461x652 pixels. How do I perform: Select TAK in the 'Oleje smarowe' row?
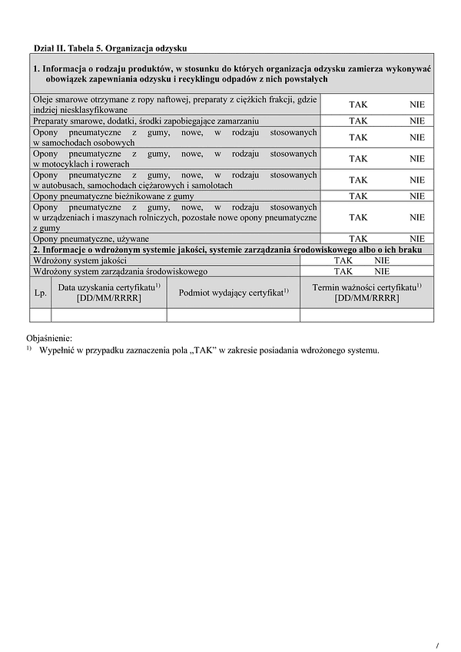[x=358, y=104]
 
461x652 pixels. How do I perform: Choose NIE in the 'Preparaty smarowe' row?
[x=417, y=121]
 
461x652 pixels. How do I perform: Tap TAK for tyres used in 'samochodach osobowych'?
[x=358, y=137]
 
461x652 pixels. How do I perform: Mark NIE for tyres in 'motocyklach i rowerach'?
[x=417, y=158]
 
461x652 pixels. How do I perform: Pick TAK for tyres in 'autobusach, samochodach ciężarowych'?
[x=358, y=180]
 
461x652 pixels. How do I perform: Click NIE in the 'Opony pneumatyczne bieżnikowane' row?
[x=417, y=196]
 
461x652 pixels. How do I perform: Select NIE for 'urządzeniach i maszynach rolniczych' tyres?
[x=417, y=217]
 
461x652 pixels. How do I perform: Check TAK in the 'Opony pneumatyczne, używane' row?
[x=358, y=239]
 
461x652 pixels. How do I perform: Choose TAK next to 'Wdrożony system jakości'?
[x=343, y=260]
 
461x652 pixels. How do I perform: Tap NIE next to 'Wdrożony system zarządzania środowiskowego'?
[x=382, y=271]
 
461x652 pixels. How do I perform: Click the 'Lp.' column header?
[x=40, y=293]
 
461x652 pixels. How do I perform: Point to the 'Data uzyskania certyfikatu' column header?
[x=108, y=293]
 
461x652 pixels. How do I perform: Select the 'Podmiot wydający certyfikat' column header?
[x=233, y=293]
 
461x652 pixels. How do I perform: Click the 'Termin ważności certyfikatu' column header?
[x=366, y=293]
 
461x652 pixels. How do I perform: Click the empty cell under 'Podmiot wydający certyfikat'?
[x=233, y=315]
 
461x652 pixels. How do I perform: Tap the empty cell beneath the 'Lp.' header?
[x=40, y=315]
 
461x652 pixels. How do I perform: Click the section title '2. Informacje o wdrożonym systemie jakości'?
[x=230, y=250]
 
